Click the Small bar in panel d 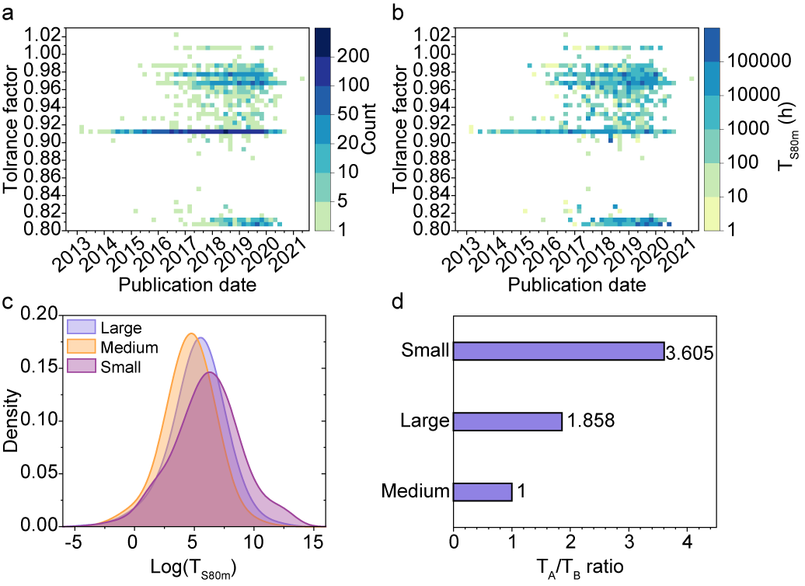pos(558,351)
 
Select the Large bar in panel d pos(507,421)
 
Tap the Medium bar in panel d pos(482,491)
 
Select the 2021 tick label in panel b pos(682,250)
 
